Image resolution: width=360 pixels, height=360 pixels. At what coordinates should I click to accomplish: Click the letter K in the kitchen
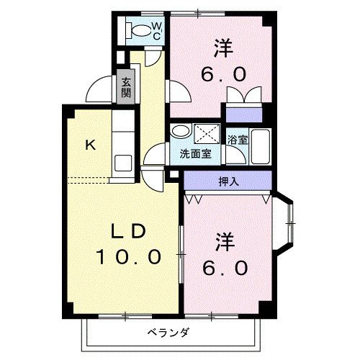(90, 145)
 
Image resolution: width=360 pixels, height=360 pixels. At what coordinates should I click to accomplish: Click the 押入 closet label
(229, 181)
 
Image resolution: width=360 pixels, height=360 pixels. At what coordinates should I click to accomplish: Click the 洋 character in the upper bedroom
(224, 48)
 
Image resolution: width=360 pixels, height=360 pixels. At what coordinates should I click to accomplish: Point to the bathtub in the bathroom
(260, 145)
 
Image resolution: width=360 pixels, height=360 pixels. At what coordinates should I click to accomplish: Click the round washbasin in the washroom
(181, 132)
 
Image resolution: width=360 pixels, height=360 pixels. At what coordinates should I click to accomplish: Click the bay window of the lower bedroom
(287, 224)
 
